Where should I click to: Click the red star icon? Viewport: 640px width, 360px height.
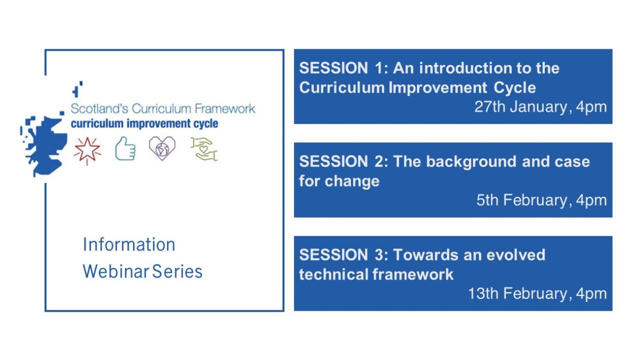(x=87, y=150)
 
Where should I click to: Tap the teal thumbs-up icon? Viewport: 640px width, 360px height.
(x=125, y=149)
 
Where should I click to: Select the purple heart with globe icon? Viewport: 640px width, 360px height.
(x=162, y=148)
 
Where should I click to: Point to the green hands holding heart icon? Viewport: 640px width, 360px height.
(x=204, y=149)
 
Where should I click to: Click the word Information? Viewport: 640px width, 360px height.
(x=129, y=245)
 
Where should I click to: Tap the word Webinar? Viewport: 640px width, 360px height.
(x=116, y=272)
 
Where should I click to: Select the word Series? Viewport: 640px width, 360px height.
(x=177, y=272)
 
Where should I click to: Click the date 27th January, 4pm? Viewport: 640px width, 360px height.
(x=540, y=107)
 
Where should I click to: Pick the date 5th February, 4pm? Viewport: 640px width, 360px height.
(x=541, y=200)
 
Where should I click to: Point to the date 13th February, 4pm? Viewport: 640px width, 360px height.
(x=537, y=293)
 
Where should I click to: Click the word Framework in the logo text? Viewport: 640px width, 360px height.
(x=225, y=109)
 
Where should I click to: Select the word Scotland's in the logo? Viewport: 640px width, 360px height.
(x=100, y=109)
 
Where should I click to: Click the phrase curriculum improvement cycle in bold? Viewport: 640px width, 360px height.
(x=145, y=124)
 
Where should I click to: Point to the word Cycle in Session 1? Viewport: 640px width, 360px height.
(x=515, y=88)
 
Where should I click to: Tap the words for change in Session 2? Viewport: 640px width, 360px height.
(x=339, y=181)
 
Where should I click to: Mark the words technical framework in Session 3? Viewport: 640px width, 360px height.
(x=376, y=274)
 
